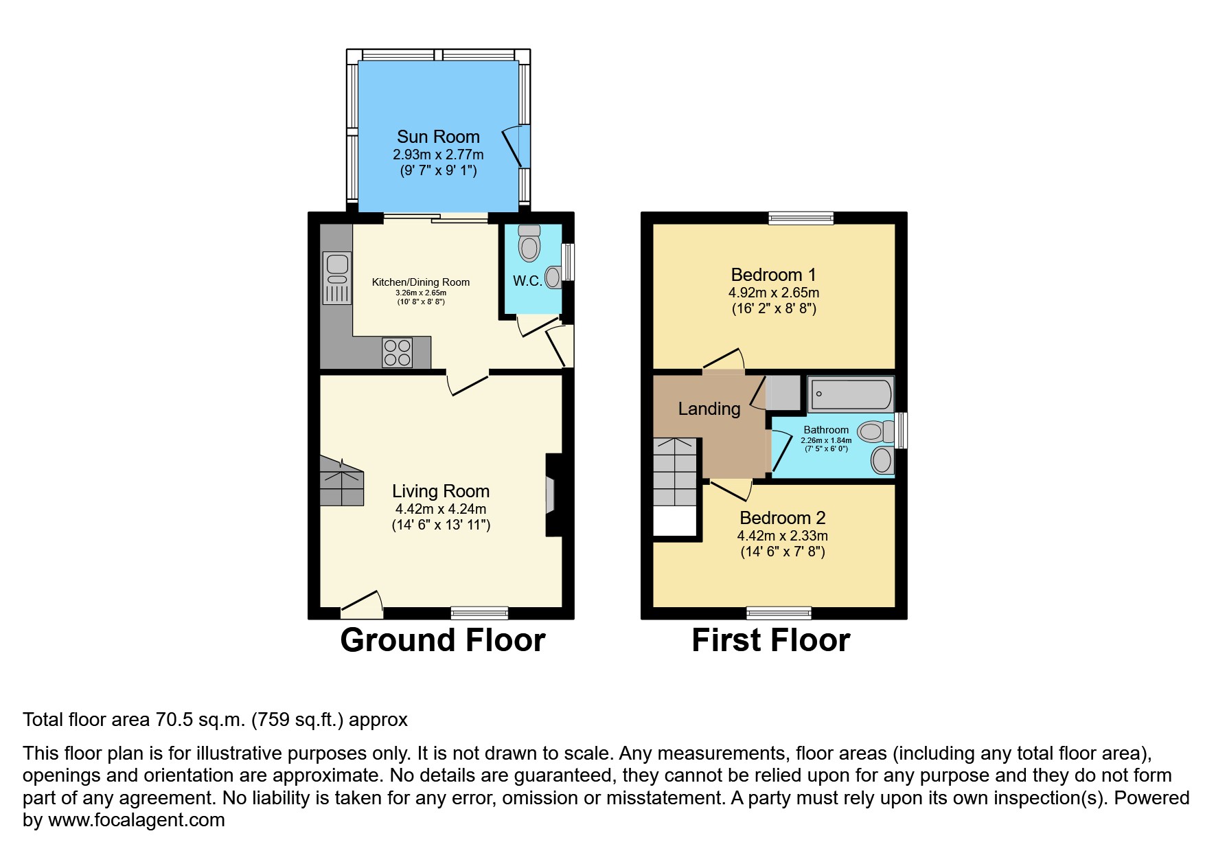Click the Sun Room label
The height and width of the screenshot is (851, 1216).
(x=438, y=137)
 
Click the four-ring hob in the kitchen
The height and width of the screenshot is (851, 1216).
(x=398, y=353)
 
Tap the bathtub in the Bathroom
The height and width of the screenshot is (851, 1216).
(x=851, y=394)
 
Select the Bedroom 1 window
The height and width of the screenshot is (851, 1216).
(x=801, y=218)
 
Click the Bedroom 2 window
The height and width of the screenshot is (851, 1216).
(x=779, y=613)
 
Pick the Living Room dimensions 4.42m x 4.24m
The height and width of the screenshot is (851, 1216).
(x=441, y=509)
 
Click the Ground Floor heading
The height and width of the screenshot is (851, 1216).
(x=442, y=640)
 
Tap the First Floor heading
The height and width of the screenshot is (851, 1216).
(x=770, y=640)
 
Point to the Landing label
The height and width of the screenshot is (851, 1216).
(x=709, y=409)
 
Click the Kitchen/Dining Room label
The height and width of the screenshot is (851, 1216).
(x=421, y=282)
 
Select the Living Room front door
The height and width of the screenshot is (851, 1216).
(x=362, y=602)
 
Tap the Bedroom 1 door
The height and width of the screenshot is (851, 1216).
(x=723, y=361)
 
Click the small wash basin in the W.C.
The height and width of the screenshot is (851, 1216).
(x=552, y=278)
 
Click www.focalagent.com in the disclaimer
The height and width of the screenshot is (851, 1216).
(x=137, y=820)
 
